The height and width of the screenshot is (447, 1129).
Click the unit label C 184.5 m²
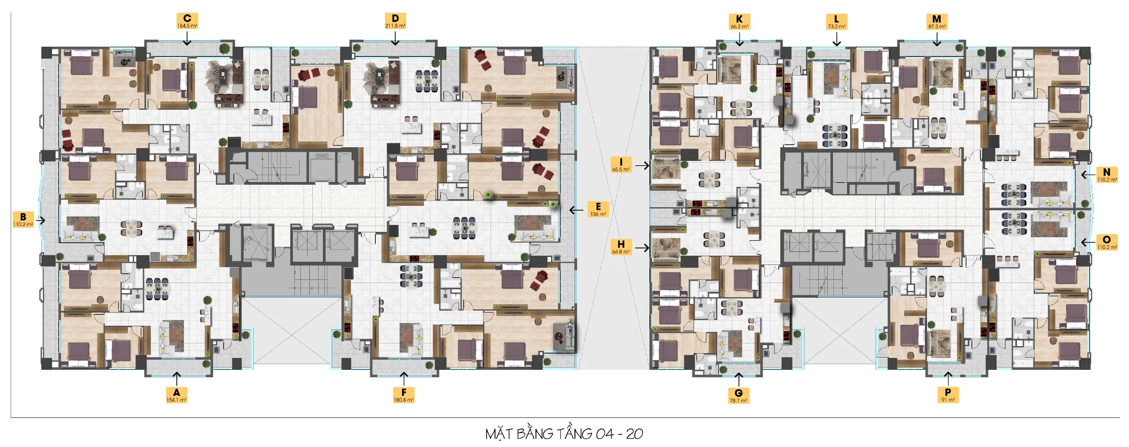pos(187,21)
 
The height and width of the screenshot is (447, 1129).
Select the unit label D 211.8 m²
pos(395,21)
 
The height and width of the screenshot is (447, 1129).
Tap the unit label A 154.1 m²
pos(176,395)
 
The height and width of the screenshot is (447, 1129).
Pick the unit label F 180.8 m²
pos(403,395)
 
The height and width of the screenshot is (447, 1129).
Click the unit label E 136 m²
pos(598,209)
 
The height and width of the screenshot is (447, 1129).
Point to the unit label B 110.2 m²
pos(23,220)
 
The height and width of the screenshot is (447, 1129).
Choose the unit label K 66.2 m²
pos(739,22)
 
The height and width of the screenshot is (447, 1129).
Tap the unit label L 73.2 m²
pos(836,22)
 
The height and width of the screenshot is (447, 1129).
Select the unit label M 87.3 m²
pos(937,22)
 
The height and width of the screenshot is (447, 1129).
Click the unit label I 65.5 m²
pos(621,165)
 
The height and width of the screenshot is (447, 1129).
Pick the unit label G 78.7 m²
pos(738,395)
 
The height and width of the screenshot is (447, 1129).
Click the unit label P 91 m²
pos(948,395)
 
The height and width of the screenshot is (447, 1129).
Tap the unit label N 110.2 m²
pos(1106,175)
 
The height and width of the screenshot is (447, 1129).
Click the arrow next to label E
pos(576,210)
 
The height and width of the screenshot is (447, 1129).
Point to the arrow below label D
pos(395,39)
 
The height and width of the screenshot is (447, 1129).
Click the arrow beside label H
pos(642,248)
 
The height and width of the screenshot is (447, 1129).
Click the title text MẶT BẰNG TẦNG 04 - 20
pos(564,434)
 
